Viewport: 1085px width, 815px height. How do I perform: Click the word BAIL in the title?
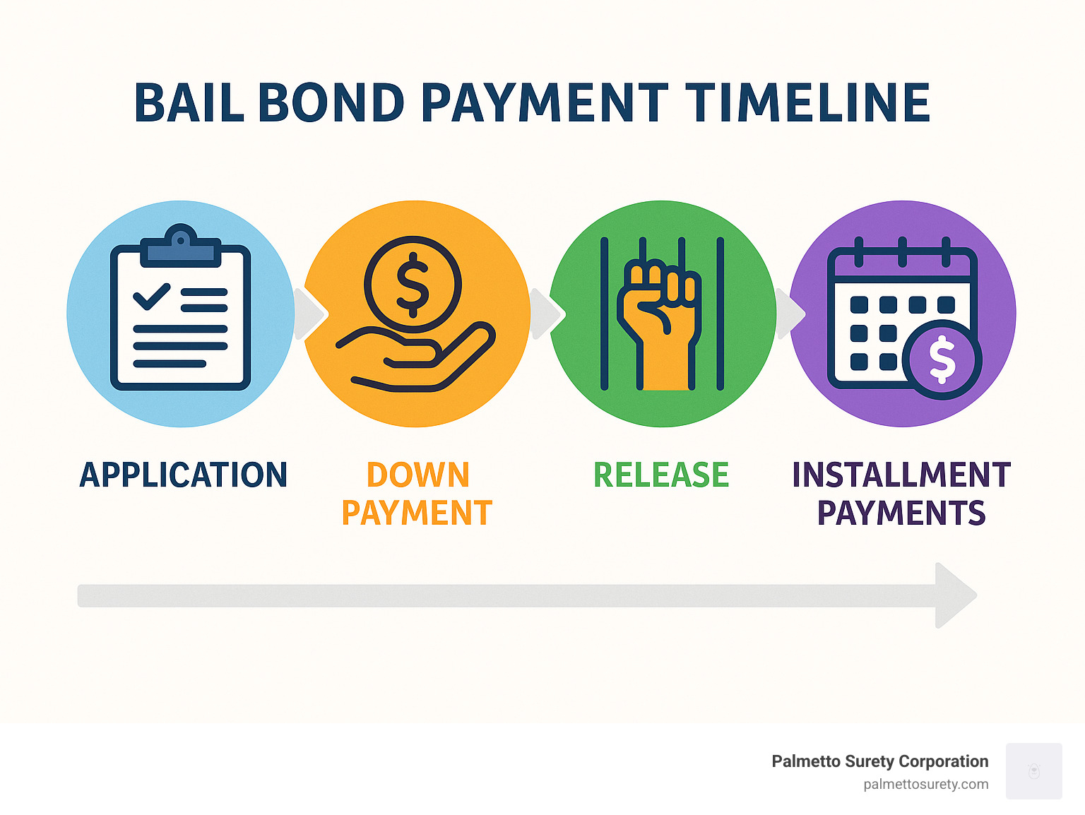coord(189,102)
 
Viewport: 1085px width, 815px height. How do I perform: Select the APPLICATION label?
coord(184,475)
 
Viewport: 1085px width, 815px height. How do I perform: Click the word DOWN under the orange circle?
coord(418,475)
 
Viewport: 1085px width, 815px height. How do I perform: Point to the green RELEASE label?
coord(661,475)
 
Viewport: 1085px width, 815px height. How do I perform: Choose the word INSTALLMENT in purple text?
coord(901,475)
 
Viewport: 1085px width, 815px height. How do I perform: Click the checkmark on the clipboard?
coord(152,297)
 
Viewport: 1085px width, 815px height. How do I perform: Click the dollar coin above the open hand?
coord(413,285)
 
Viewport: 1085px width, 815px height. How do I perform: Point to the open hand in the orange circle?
coord(416,357)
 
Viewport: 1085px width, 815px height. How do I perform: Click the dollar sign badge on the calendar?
coord(942,359)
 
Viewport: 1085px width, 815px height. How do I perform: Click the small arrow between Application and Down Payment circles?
coord(311,314)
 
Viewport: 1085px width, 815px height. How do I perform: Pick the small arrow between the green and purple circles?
coord(790,314)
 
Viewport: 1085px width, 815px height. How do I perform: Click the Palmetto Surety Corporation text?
coord(880,761)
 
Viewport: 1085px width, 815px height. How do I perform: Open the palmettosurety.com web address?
coord(926,785)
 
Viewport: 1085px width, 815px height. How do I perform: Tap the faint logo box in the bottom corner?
coord(1033,771)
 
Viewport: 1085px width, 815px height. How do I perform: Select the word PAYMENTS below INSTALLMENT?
coord(901,513)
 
